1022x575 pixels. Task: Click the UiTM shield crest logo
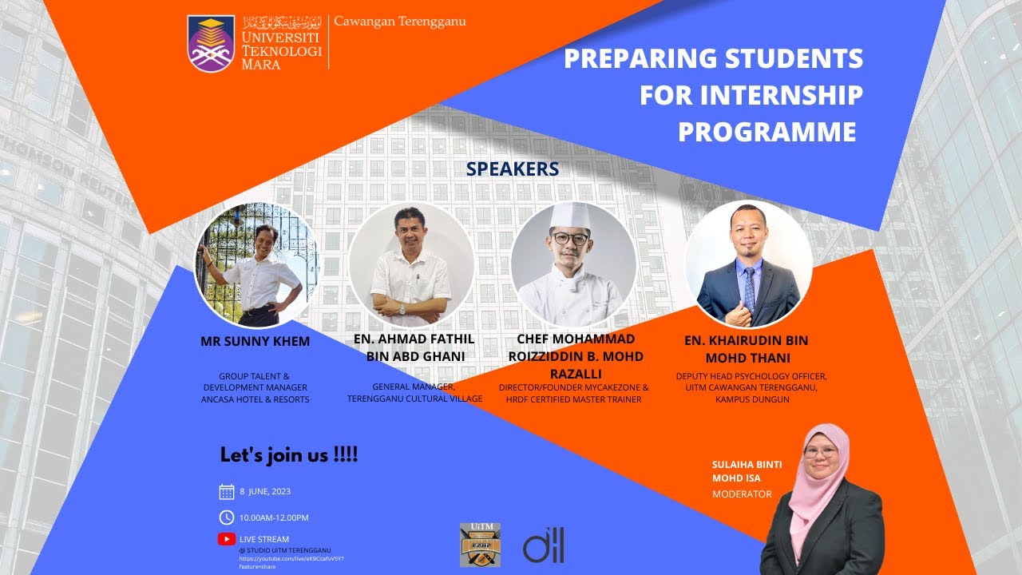click(211, 43)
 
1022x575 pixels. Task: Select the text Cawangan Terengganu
click(399, 22)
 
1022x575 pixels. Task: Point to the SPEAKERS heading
click(512, 169)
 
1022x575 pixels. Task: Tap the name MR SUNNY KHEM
click(255, 342)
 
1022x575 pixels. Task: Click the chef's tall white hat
click(571, 216)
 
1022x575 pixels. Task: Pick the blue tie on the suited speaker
click(749, 288)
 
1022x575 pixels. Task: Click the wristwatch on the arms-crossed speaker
click(402, 309)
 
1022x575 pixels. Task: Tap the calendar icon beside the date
click(227, 492)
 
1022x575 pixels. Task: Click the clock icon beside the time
click(227, 517)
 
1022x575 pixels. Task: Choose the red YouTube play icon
click(227, 539)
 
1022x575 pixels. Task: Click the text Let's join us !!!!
click(289, 455)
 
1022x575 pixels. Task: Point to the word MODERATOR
click(742, 494)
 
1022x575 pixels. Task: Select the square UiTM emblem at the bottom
click(480, 545)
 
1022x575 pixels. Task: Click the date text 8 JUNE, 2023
click(265, 492)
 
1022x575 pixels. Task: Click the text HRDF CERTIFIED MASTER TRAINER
click(573, 399)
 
